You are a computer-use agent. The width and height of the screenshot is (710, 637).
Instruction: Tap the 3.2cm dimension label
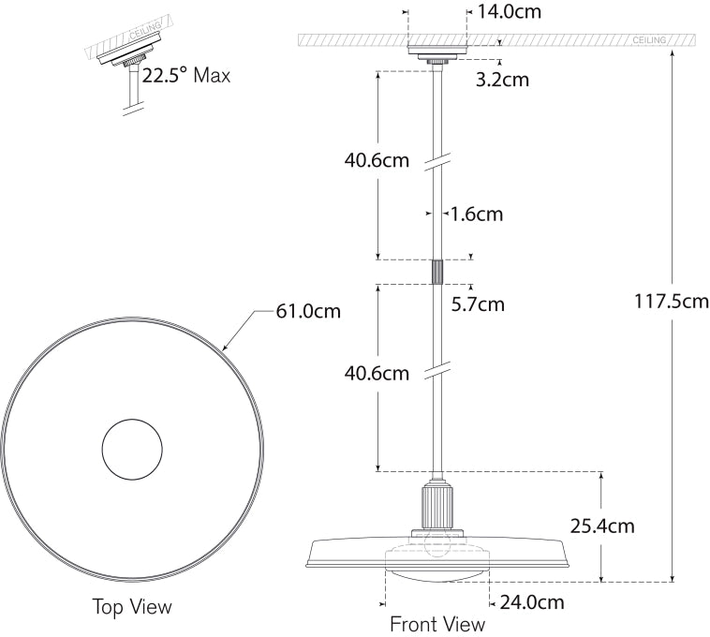[x=502, y=80]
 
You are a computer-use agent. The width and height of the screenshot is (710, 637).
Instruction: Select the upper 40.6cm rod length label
[x=377, y=160]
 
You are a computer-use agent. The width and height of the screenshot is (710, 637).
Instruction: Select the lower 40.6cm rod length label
[x=377, y=373]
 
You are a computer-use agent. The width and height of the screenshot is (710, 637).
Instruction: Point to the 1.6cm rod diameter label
[x=476, y=215]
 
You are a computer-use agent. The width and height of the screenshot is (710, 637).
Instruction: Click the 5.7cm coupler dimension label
[x=477, y=304]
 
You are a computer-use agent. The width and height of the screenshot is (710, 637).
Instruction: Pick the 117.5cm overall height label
[x=672, y=302]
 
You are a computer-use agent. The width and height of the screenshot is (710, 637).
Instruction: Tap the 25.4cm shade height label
[x=601, y=526]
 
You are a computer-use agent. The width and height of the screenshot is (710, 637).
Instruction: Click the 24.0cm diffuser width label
[x=530, y=602]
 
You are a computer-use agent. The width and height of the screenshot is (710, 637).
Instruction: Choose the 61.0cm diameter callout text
[x=307, y=311]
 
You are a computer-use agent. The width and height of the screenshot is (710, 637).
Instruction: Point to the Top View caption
[x=132, y=607]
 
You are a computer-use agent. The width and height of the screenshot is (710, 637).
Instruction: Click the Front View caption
[x=437, y=624]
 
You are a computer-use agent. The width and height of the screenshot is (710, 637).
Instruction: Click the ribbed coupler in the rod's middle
[x=436, y=272]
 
